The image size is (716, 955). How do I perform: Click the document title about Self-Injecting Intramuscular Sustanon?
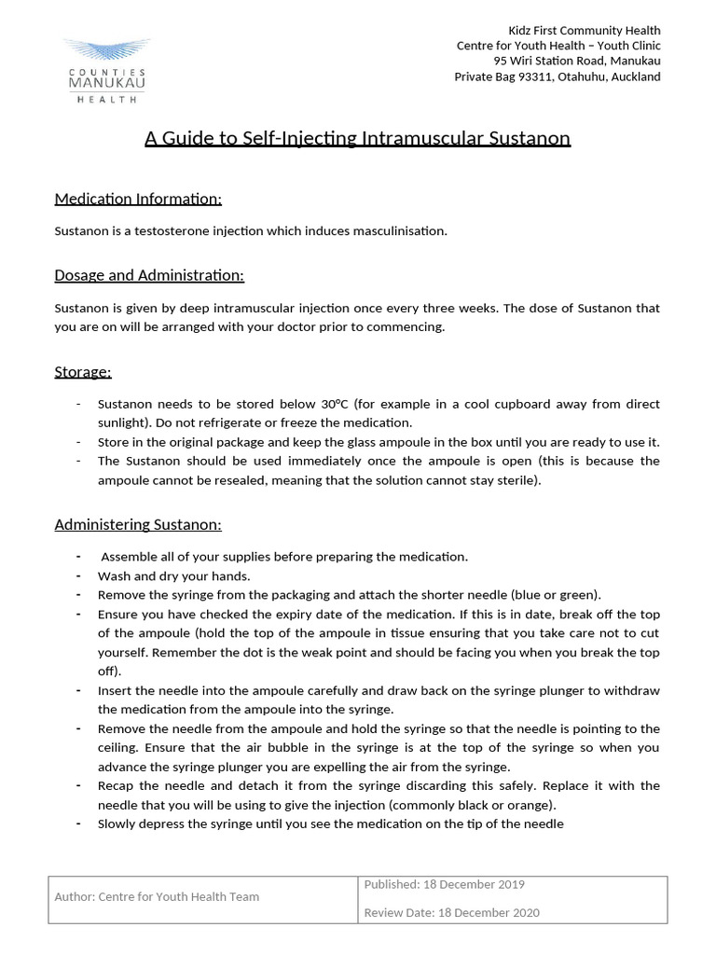click(x=357, y=139)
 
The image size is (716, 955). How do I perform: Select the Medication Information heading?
click(x=138, y=199)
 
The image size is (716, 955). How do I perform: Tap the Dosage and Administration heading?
click(x=149, y=275)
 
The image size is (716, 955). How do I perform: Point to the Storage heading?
click(x=83, y=372)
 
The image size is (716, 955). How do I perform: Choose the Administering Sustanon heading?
click(x=138, y=524)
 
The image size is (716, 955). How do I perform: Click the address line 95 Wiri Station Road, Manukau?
click(x=570, y=62)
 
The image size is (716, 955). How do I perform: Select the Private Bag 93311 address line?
click(x=557, y=76)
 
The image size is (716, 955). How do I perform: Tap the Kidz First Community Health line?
click(x=585, y=31)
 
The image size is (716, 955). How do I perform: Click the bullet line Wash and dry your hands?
click(x=174, y=575)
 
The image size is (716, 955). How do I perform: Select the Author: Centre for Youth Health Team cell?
click(x=157, y=896)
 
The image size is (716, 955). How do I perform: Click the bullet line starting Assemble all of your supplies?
click(x=283, y=557)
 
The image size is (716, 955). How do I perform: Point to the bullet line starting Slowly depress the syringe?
click(x=330, y=824)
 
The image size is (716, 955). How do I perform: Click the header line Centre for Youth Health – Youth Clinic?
click(x=558, y=46)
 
